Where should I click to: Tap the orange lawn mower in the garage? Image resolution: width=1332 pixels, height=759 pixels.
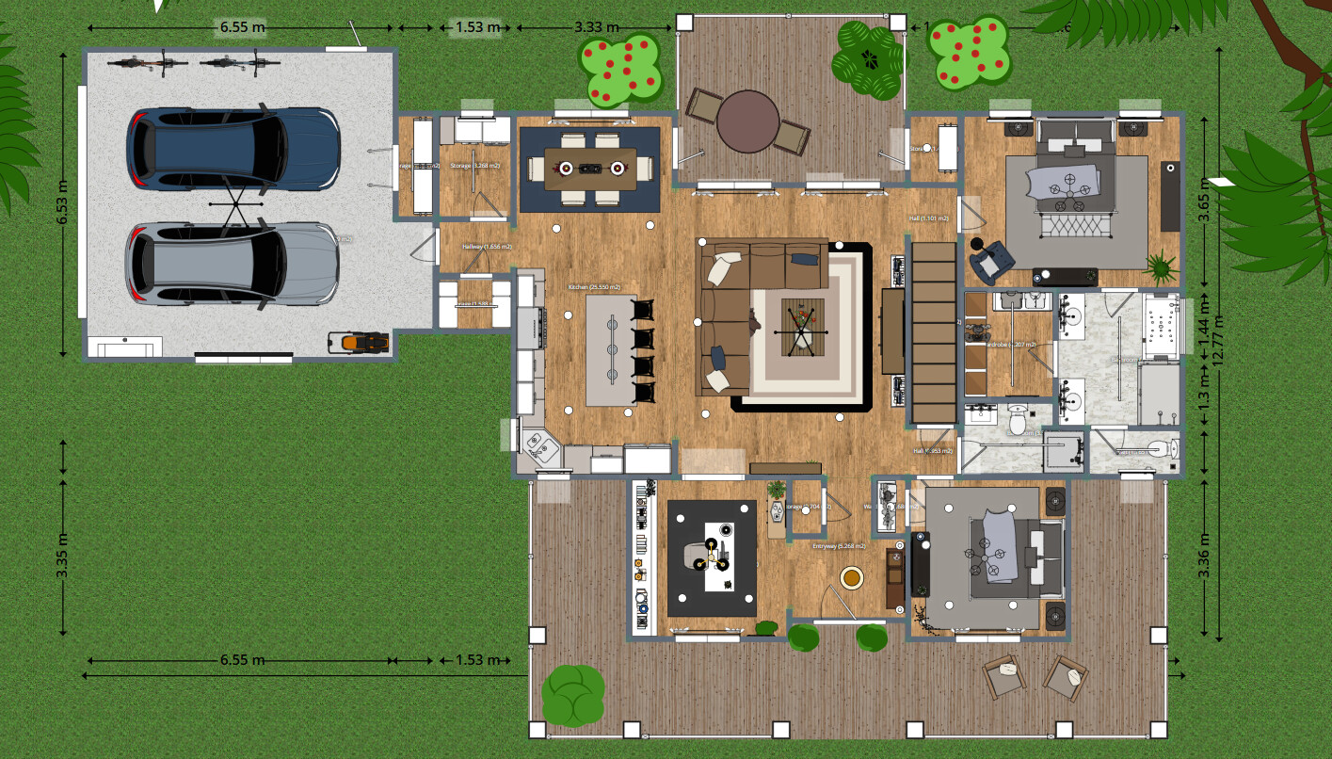[359, 342]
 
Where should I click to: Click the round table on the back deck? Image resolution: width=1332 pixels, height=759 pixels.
[748, 121]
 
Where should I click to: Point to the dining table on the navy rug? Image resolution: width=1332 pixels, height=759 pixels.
[590, 168]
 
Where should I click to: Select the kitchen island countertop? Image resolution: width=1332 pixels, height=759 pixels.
[608, 349]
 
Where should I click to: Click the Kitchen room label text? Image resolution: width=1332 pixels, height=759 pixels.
[594, 286]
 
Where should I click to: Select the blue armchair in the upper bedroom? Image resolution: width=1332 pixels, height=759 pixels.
[988, 260]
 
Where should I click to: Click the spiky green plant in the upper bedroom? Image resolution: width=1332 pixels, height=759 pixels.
[1161, 266]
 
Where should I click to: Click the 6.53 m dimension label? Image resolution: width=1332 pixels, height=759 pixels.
[63, 202]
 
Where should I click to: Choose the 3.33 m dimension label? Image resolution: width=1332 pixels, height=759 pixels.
[596, 26]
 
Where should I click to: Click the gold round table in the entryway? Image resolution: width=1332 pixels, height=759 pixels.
[852, 576]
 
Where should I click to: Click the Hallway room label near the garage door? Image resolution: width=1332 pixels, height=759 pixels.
[486, 246]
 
